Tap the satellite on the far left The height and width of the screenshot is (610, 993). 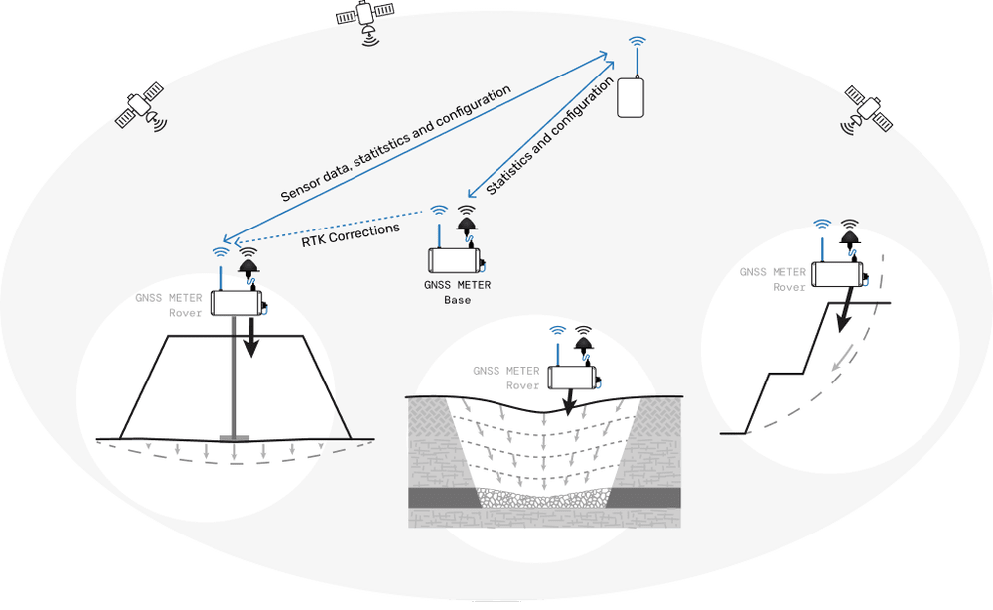139,105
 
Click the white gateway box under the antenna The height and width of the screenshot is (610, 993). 631,97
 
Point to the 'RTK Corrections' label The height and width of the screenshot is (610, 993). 351,234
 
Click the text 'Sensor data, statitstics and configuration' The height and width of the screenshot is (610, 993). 396,144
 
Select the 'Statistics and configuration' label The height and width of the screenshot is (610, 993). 550,135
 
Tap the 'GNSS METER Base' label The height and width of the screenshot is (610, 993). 457,293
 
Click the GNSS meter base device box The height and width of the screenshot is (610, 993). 455,261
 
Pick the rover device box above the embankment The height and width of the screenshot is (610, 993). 236,303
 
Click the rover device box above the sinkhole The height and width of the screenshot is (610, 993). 573,378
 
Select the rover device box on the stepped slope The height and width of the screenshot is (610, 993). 837,274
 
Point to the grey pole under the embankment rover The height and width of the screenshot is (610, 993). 234,377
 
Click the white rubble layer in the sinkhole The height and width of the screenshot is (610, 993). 543,498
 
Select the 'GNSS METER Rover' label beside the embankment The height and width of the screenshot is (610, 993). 169,305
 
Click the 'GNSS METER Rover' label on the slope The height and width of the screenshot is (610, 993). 773,279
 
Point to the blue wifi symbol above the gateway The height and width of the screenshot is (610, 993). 638,41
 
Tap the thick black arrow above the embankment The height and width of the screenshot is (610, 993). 252,337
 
